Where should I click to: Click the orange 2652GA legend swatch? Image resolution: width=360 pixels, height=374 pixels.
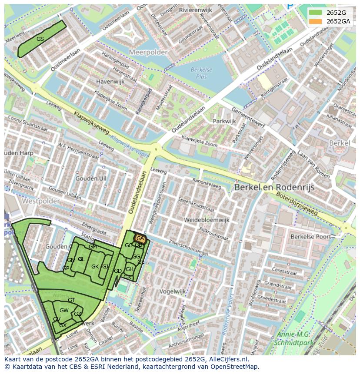point(316,21)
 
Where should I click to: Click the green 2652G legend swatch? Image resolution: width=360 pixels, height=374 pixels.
point(316,13)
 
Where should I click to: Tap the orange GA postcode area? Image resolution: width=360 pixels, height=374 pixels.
point(140,238)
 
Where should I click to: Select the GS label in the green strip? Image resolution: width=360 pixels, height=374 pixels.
point(40,39)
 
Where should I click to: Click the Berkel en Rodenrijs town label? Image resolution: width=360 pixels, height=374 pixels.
point(274,187)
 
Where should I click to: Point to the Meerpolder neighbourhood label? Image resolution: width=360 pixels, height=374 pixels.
point(148,52)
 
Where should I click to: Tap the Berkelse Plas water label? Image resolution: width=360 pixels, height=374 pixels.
point(201,73)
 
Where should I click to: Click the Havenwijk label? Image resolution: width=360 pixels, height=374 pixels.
point(110,81)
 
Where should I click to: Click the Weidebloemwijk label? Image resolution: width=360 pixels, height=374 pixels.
point(206,220)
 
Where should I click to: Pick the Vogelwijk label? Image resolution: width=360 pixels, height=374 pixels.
point(173,291)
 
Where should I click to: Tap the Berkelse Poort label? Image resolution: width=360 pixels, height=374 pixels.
point(310,237)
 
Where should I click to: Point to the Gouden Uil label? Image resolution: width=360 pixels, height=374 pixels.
point(90,179)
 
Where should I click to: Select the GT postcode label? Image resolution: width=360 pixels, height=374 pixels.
point(71,300)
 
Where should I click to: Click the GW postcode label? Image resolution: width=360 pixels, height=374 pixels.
point(64,310)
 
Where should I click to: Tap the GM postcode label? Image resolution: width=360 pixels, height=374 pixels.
point(93,247)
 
